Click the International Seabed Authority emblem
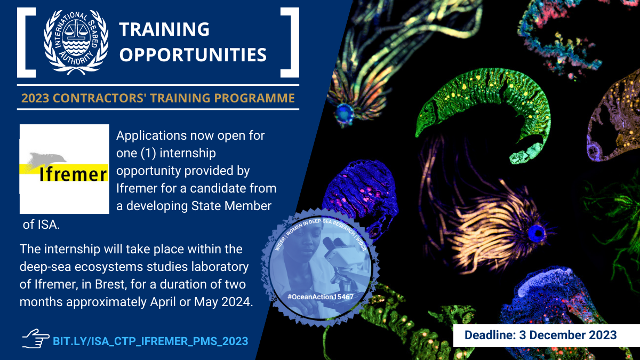tap(76, 42)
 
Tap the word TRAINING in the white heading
tap(164, 29)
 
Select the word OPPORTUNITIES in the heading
tap(193, 54)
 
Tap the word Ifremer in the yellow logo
tap(73, 174)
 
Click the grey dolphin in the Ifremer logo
tap(47, 159)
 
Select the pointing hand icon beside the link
tap(36, 339)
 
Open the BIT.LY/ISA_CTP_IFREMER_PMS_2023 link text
tap(150, 341)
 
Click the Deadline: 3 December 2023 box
tap(546, 335)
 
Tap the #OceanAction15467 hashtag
tap(321, 297)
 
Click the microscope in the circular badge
tap(343, 266)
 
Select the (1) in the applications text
tap(148, 153)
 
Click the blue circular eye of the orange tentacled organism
tap(537, 234)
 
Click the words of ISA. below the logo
tap(42, 225)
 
